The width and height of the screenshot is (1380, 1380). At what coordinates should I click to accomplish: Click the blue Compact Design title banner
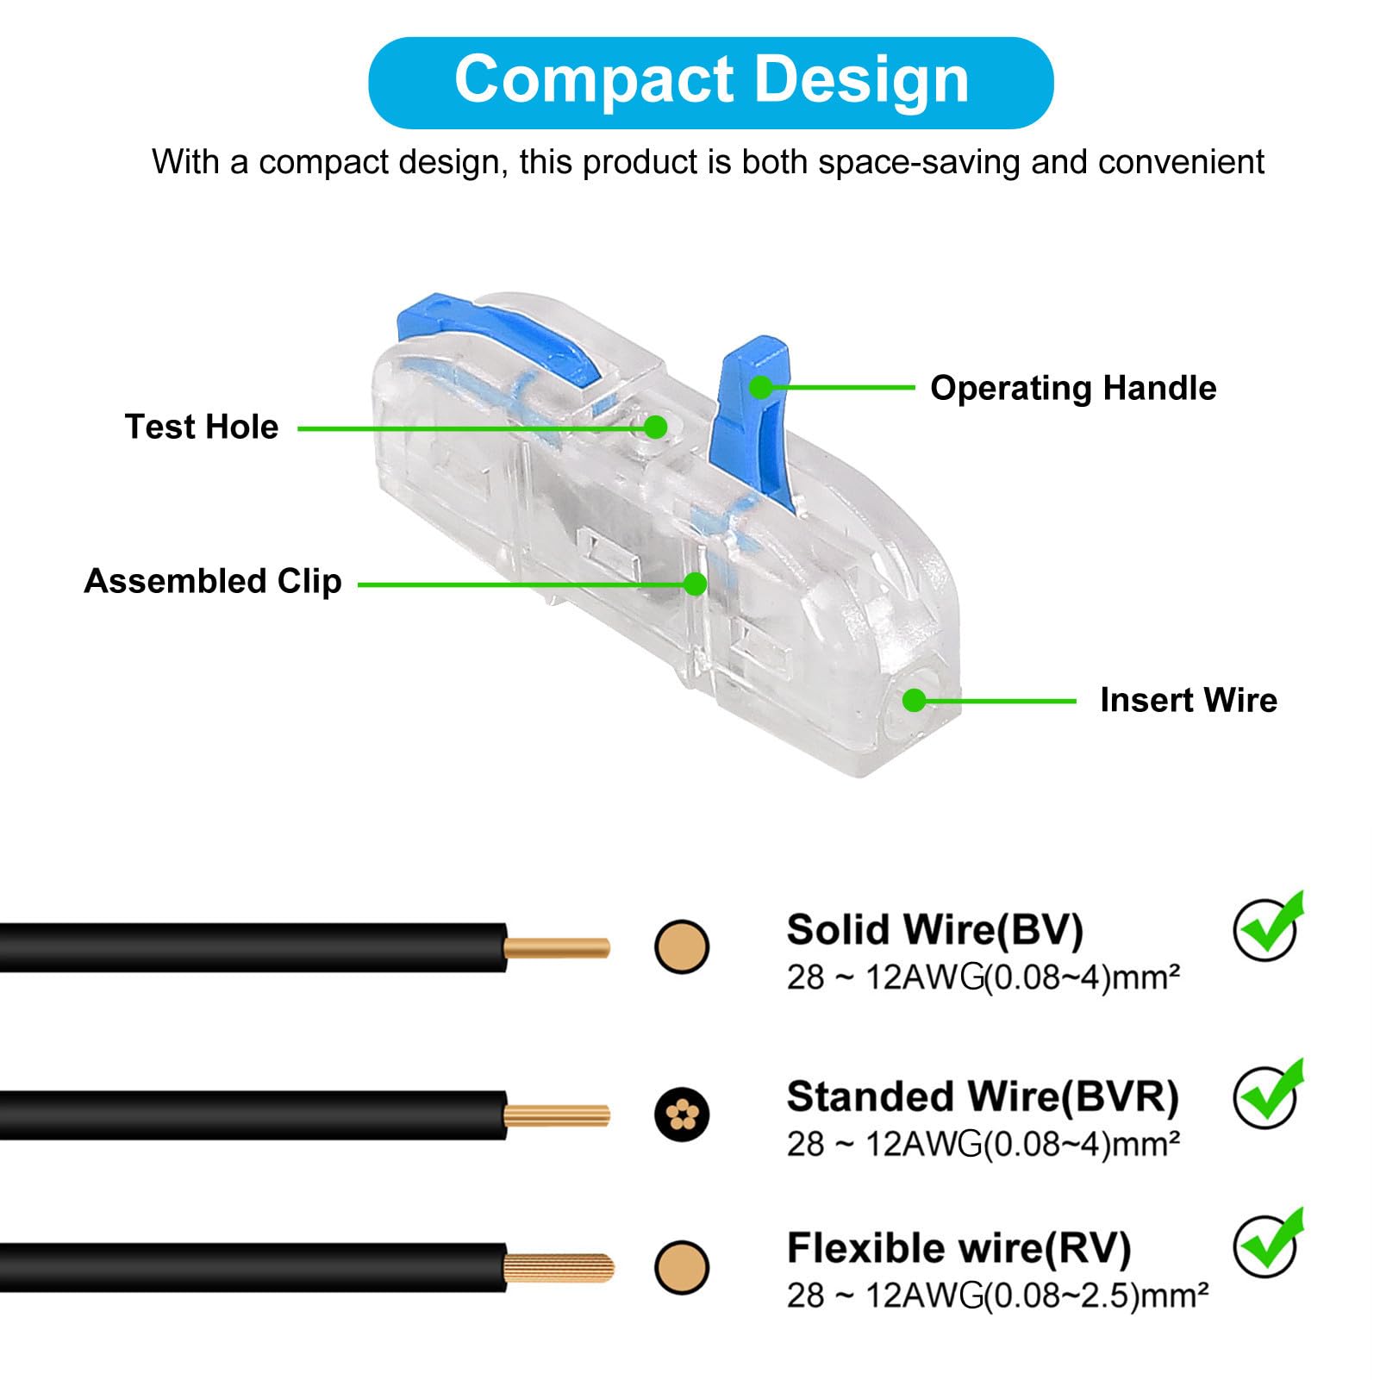click(710, 82)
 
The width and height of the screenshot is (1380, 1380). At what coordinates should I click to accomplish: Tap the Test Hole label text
click(202, 427)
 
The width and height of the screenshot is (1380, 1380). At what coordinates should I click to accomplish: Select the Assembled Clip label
click(213, 581)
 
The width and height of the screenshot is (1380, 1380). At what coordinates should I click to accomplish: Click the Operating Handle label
click(1073, 388)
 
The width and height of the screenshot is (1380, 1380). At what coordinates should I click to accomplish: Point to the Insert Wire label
click(1189, 700)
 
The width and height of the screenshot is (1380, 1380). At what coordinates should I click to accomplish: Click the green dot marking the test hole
click(656, 427)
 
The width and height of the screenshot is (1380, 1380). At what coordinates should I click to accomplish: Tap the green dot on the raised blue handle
click(760, 387)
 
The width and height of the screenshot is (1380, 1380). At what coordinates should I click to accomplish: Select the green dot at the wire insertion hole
click(914, 700)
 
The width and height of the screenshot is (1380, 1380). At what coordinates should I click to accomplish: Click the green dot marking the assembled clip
click(695, 584)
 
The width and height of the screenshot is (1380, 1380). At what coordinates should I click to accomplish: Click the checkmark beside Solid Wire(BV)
click(1267, 927)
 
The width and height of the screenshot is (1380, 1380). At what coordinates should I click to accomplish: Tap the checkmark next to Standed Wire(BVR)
click(1267, 1095)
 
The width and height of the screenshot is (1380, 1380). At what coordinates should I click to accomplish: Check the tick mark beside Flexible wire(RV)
click(1267, 1244)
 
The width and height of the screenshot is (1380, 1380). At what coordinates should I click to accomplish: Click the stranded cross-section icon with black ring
click(682, 1115)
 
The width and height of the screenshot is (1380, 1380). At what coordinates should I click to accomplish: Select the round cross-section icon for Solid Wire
click(682, 946)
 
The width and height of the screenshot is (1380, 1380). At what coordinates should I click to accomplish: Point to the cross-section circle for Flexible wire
click(682, 1267)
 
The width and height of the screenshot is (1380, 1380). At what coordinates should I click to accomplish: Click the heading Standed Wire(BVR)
click(982, 1096)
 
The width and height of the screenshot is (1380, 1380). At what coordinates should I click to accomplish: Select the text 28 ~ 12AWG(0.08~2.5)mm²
click(996, 1296)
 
